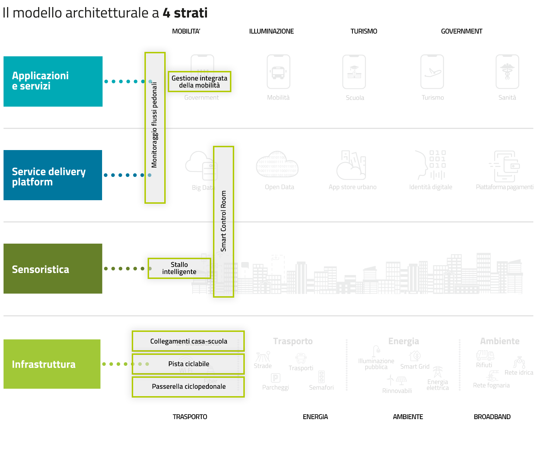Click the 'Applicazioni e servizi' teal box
[53, 81]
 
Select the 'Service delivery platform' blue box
[53, 175]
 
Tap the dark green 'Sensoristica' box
[53, 269]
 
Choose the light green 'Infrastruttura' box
[52, 364]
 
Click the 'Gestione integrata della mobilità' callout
[199, 82]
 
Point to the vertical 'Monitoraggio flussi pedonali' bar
[155, 128]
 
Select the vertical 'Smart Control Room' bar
[223, 221]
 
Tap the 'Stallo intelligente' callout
[179, 268]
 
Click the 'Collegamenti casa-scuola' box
[188, 341]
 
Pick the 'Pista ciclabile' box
[188, 364]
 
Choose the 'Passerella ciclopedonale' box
[188, 387]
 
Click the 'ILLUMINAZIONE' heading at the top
[271, 31]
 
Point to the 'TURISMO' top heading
[364, 31]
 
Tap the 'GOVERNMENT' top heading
[461, 31]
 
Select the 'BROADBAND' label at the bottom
[492, 417]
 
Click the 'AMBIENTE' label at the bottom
[408, 417]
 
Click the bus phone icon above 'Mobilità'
[278, 72]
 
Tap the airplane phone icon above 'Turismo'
[432, 72]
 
